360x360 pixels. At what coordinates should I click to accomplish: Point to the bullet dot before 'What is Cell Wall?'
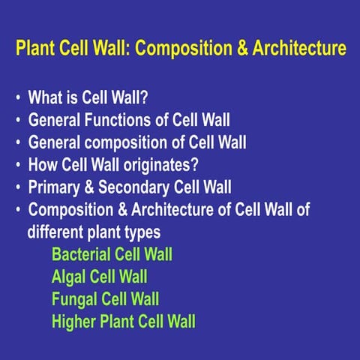click(17, 98)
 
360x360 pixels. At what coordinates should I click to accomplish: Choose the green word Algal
click(68, 277)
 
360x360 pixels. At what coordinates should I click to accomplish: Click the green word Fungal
click(74, 299)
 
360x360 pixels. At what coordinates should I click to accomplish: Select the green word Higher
click(73, 322)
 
